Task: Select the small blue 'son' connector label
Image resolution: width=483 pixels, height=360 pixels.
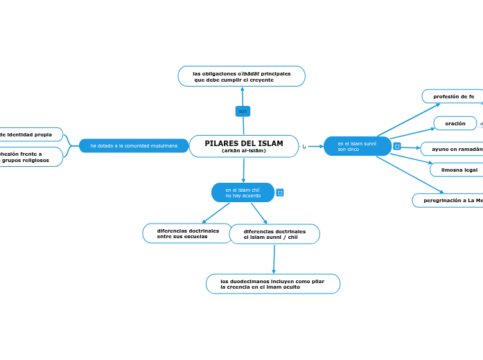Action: [x=243, y=111]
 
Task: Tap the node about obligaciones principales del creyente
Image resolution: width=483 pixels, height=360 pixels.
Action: [x=241, y=76]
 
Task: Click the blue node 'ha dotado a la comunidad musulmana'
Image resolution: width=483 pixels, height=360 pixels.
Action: [x=134, y=145]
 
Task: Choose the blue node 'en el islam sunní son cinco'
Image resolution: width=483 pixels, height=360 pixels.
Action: [x=357, y=146]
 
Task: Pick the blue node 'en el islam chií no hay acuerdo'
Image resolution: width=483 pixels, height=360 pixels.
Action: [x=243, y=192]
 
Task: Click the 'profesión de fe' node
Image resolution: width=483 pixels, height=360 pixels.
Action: [x=453, y=96]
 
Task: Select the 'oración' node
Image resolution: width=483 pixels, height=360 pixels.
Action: [x=455, y=123]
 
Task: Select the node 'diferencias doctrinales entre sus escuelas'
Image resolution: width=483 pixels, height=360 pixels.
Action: [x=187, y=233]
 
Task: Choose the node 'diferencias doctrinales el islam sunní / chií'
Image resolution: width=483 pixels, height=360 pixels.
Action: [x=274, y=234]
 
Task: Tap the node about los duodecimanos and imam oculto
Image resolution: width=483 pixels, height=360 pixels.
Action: [x=272, y=284]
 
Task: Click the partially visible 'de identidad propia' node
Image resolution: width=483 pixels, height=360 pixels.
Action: [x=28, y=134]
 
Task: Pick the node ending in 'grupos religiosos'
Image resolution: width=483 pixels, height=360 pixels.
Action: [x=28, y=157]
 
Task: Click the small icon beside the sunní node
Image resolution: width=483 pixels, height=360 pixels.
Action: [x=397, y=146]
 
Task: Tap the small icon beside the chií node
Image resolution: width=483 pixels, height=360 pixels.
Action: [x=280, y=192]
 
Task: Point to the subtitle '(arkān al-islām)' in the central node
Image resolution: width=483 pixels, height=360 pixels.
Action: [x=243, y=150]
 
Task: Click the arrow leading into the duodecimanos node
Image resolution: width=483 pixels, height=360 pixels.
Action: [x=274, y=271]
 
